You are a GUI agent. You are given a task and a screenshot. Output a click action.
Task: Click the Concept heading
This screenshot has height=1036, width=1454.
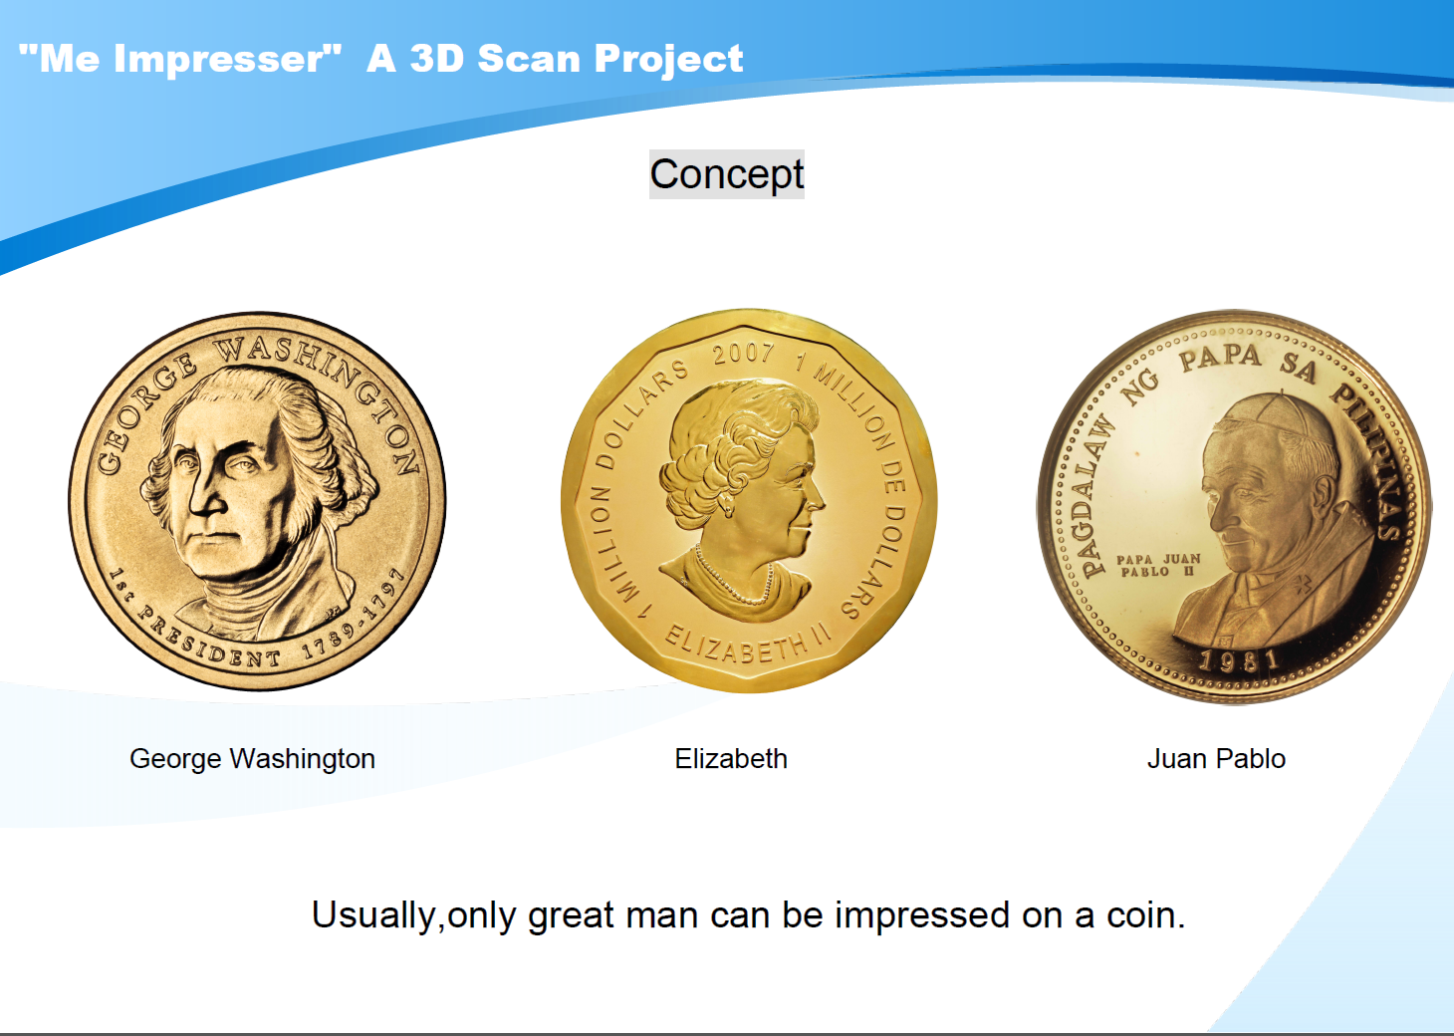pyautogui.click(x=726, y=174)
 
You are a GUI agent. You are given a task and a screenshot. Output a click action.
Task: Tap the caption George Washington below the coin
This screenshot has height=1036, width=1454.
pyautogui.click(x=253, y=759)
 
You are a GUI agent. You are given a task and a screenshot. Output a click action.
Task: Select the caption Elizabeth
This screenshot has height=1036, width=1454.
pyautogui.click(x=731, y=758)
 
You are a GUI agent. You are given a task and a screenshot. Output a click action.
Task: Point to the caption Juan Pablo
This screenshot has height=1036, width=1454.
pyautogui.click(x=1216, y=758)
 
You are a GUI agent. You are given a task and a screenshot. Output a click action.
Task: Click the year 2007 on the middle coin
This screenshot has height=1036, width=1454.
pyautogui.click(x=743, y=354)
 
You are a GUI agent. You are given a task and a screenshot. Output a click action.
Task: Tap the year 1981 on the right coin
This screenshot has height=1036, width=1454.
pyautogui.click(x=1239, y=660)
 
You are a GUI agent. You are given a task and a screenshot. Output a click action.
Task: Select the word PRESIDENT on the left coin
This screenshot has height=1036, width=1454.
pyautogui.click(x=209, y=640)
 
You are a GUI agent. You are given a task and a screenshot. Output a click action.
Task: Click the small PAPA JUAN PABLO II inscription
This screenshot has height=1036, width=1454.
pyautogui.click(x=1158, y=565)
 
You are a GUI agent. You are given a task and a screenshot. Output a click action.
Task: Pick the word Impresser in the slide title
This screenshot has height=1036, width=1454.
pyautogui.click(x=219, y=59)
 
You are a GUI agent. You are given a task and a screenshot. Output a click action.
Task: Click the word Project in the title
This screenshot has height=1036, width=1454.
pyautogui.click(x=668, y=59)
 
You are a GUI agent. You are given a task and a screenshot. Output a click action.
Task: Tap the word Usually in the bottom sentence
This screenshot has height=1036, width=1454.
pyautogui.click(x=373, y=916)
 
